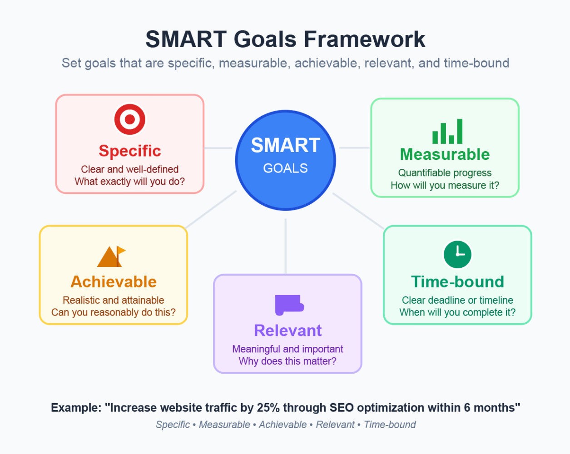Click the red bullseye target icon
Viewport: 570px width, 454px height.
(130, 119)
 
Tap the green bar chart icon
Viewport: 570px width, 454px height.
(447, 131)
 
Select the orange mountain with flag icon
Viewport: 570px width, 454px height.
(111, 257)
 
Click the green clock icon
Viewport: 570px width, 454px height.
(457, 254)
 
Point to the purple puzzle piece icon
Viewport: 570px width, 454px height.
(289, 305)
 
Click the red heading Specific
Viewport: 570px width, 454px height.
(130, 151)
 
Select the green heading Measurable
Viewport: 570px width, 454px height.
(445, 154)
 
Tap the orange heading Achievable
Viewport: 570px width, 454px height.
(114, 281)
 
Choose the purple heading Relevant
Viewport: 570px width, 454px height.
(287, 331)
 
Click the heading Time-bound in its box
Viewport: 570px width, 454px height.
(457, 281)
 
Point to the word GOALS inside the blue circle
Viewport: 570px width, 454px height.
(286, 168)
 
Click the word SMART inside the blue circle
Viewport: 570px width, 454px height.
(286, 145)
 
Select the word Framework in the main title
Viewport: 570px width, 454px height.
(364, 39)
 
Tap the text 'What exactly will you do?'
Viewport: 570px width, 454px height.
(130, 182)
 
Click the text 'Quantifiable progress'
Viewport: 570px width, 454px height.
(445, 173)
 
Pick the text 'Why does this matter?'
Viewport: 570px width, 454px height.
(287, 361)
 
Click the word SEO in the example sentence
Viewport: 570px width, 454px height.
(342, 408)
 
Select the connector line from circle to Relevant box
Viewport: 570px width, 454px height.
(286, 246)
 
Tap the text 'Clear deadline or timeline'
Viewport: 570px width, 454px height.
(457, 300)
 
